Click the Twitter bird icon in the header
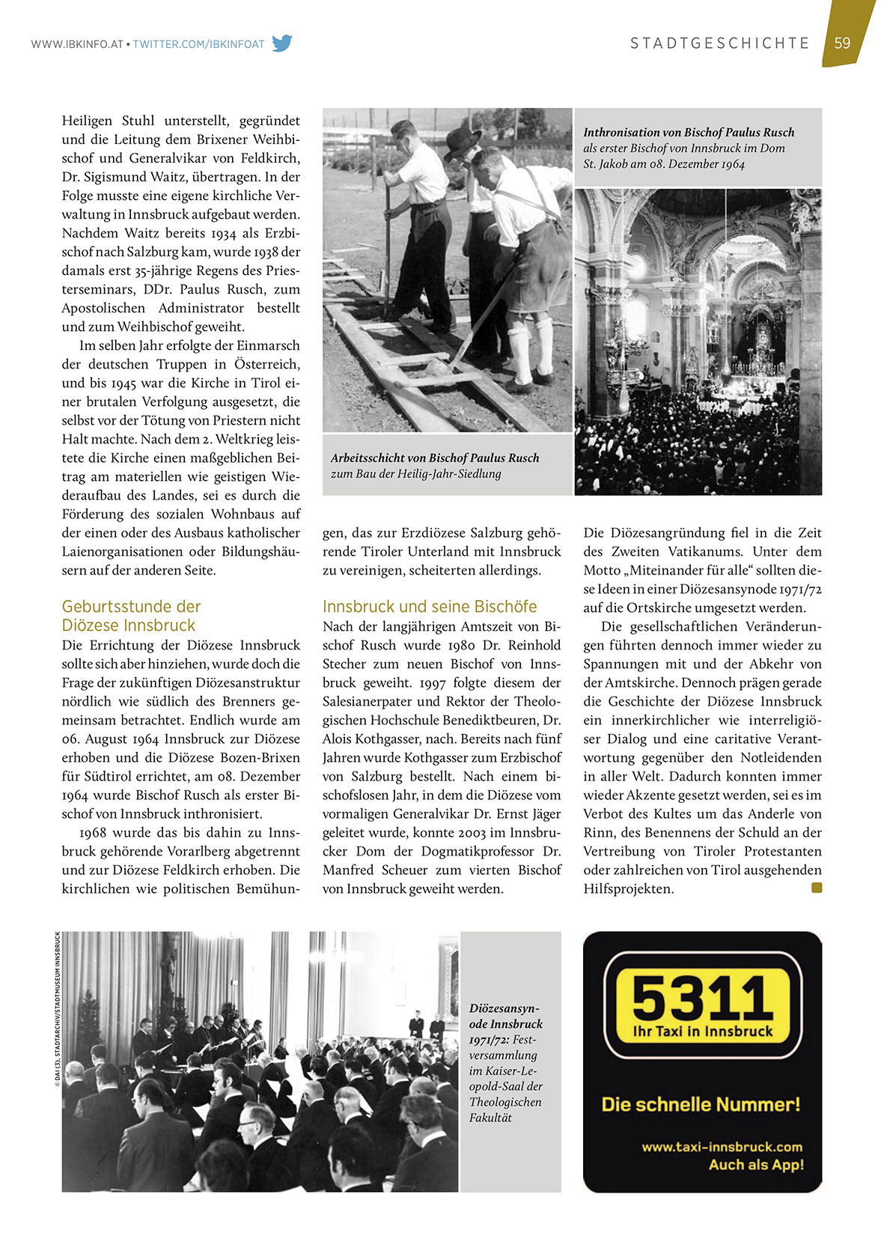(x=282, y=43)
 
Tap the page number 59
(x=842, y=43)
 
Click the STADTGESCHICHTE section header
(x=720, y=43)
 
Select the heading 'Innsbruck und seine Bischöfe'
(x=430, y=607)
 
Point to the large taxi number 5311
(x=701, y=997)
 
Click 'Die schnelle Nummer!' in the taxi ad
(x=701, y=1104)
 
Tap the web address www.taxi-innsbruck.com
(x=722, y=1147)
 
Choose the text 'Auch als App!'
(x=756, y=1165)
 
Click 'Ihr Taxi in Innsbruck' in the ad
(x=702, y=1032)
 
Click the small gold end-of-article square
(x=817, y=888)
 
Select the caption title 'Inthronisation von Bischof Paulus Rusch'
(x=689, y=133)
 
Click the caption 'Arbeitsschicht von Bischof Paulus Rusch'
(x=435, y=458)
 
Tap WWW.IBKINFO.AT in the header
(x=76, y=44)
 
